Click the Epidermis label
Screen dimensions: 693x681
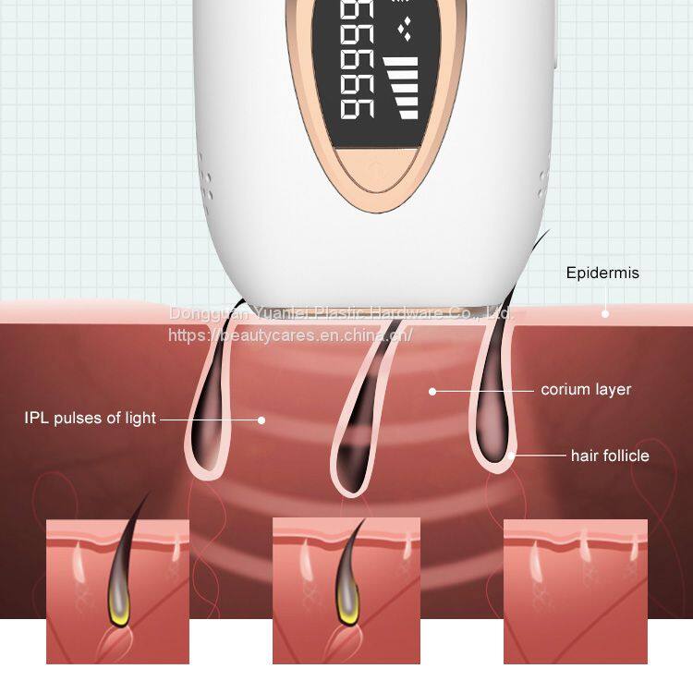(602, 273)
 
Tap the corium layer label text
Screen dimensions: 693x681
(586, 389)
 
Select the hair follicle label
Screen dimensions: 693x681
(609, 456)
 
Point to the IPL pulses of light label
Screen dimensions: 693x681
(90, 418)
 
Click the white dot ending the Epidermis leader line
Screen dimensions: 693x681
(605, 313)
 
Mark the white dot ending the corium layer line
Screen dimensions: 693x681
(432, 390)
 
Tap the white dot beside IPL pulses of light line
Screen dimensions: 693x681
(261, 419)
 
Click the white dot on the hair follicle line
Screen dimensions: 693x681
(511, 456)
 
